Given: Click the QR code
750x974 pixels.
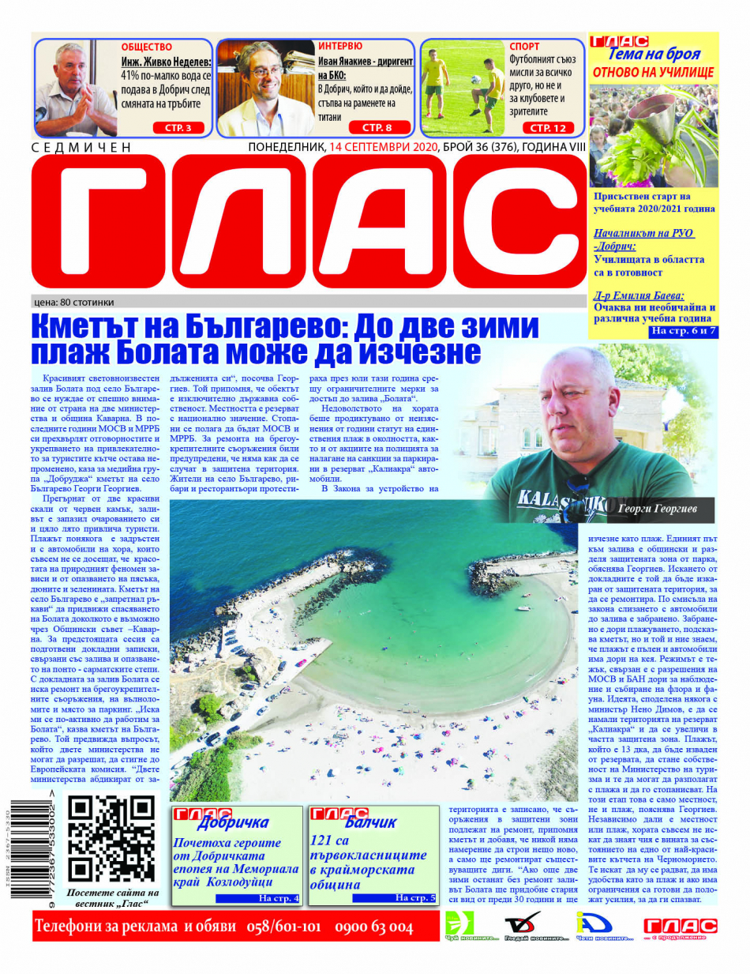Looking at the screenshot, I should (111, 838).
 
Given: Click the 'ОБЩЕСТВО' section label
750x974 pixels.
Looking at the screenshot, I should (147, 46).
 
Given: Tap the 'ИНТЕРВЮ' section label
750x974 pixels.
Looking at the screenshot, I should (340, 46).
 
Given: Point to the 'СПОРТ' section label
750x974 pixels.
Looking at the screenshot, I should (525, 47).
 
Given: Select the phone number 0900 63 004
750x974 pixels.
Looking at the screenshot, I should (374, 927).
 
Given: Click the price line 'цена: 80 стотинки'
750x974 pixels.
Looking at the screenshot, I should (74, 302).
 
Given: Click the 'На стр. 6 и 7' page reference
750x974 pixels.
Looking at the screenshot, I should (683, 331).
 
